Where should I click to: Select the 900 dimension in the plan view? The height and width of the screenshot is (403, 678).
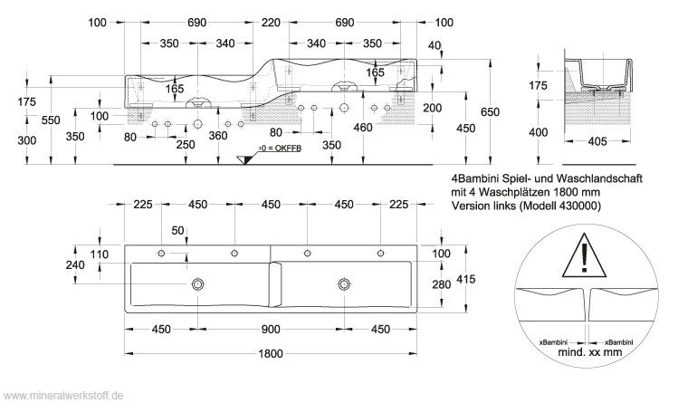[270, 328]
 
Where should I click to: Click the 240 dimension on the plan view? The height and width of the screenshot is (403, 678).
[76, 265]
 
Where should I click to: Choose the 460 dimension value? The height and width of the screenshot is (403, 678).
[363, 128]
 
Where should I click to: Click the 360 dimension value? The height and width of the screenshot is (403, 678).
[218, 136]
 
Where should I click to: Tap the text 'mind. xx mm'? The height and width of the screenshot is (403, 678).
[589, 350]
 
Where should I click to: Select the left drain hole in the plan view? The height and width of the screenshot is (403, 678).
[197, 284]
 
